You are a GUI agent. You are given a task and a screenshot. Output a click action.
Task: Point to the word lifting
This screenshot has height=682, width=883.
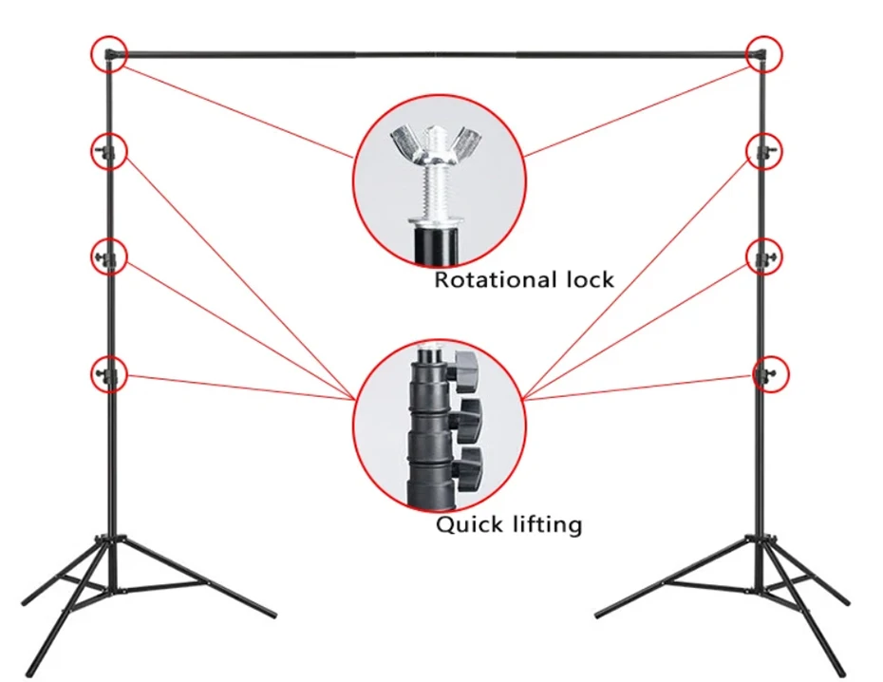pos(546,524)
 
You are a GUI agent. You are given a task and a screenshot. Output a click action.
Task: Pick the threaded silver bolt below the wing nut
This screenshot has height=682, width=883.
pos(438,190)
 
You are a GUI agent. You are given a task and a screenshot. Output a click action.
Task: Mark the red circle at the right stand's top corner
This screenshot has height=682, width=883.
pos(763,53)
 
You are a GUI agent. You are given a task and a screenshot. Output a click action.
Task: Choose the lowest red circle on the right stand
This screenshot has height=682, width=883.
pos(771,373)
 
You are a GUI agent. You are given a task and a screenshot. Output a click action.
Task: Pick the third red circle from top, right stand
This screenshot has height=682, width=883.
pos(763,256)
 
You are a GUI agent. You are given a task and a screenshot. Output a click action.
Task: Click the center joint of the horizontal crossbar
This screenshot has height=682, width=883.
pos(438,55)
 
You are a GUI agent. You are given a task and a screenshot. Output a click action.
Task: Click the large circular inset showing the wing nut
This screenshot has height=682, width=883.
pos(438,180)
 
